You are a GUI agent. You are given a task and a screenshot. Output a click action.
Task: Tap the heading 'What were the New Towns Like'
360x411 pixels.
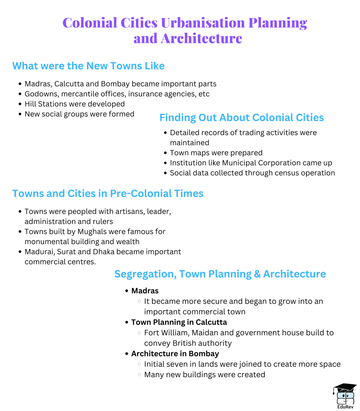(88, 66)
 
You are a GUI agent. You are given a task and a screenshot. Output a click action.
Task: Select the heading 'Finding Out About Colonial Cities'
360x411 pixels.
(242, 118)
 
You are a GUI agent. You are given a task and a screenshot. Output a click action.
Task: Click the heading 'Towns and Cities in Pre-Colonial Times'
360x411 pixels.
(108, 194)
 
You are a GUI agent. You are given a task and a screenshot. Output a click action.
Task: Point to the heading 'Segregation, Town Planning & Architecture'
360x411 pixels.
(220, 274)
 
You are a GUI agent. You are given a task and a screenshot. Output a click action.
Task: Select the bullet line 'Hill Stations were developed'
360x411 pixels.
(75, 104)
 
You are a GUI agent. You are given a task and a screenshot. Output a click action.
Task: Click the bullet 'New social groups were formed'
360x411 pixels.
(79, 114)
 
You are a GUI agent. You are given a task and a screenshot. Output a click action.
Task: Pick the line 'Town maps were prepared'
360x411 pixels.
(216, 153)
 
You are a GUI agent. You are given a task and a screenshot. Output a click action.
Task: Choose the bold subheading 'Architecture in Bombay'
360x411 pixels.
(175, 353)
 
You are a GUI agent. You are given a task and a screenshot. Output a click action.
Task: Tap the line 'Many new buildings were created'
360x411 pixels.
(205, 374)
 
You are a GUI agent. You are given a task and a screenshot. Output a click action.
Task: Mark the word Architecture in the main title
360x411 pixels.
(201, 38)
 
